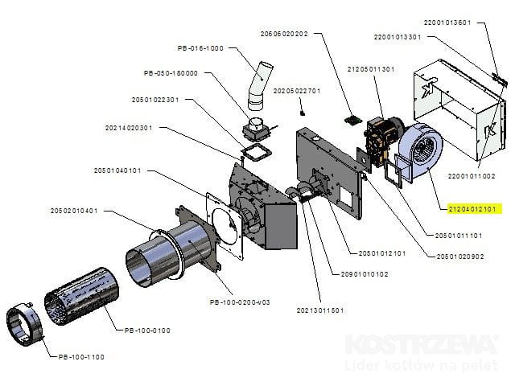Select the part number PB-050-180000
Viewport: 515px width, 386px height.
[171, 73]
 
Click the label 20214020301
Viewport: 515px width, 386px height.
[129, 127]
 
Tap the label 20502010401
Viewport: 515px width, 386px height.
[73, 211]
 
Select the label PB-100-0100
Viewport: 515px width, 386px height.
[148, 330]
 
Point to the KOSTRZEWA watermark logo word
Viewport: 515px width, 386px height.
[420, 345]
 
